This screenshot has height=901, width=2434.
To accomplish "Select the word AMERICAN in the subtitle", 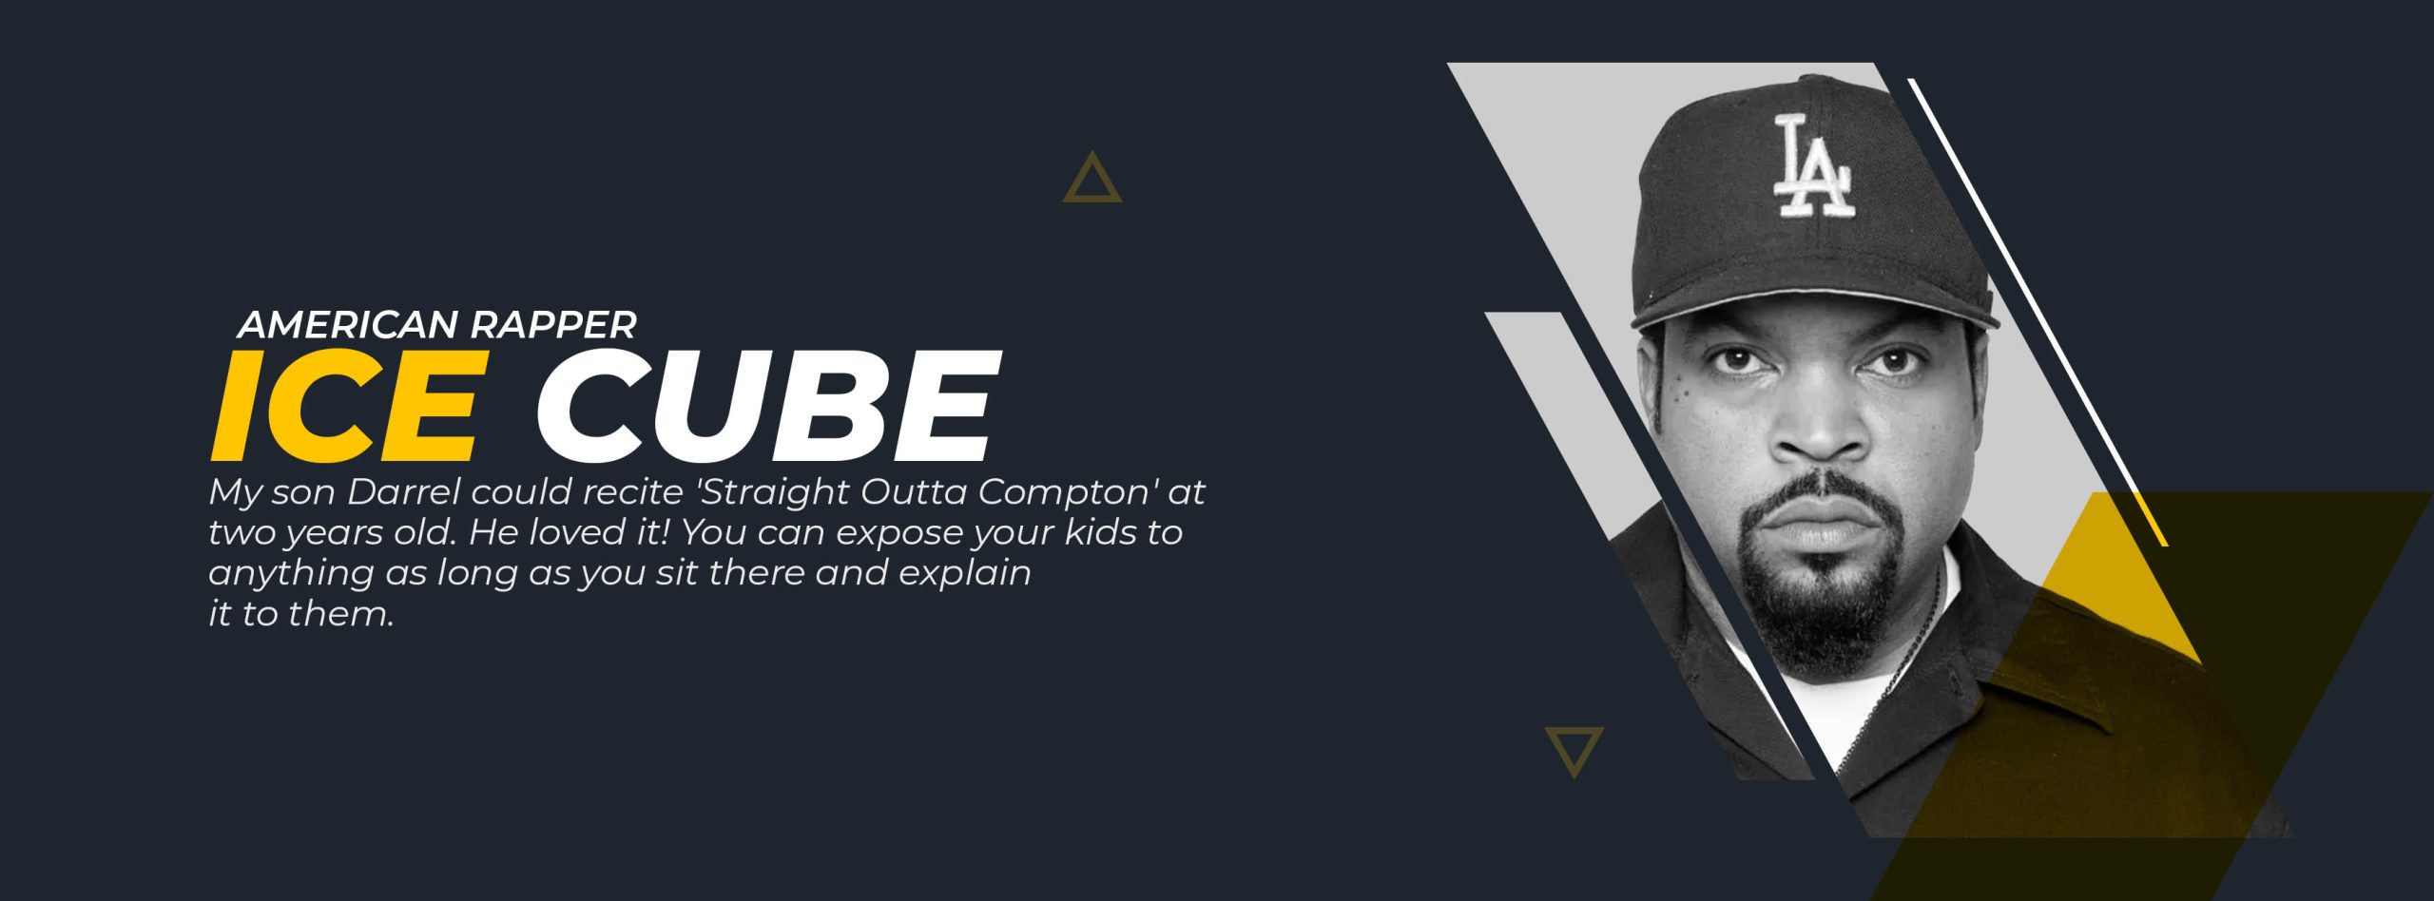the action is pos(348,325).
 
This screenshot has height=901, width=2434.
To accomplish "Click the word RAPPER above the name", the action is pos(553,325).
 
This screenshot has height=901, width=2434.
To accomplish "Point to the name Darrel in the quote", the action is pos(403,492).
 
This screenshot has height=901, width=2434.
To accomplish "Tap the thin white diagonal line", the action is pos(2038,313).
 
